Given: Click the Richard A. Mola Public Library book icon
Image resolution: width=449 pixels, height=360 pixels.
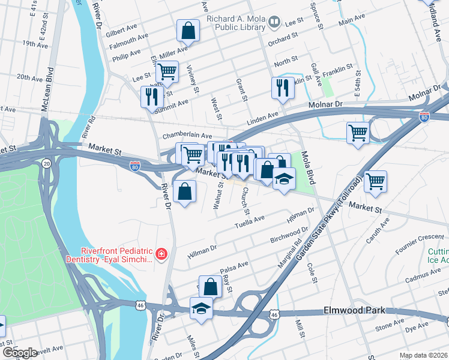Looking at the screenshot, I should tap(274, 23).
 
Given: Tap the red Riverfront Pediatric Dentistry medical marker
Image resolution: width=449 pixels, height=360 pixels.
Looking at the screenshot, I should tap(160, 255).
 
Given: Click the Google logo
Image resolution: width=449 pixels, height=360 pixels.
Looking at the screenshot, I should tap(19, 353).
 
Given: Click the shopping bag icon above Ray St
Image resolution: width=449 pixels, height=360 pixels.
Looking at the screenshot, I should tap(211, 286).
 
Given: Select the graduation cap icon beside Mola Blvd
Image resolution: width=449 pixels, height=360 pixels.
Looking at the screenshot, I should tap(284, 178).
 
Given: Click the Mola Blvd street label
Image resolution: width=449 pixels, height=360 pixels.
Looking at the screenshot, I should tap(309, 168).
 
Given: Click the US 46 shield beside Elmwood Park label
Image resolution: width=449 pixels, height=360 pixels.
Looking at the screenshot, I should tap(274, 314).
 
